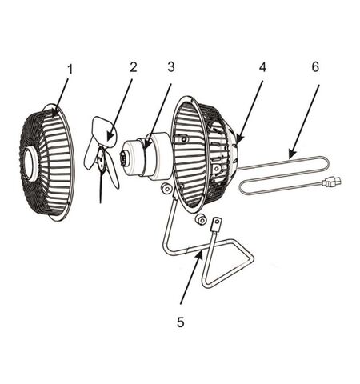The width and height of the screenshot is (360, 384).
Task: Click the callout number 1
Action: (70, 70)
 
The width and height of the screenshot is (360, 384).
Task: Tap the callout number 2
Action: (134, 67)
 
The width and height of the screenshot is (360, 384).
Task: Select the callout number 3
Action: (171, 67)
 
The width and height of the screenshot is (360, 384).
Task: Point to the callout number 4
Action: (262, 67)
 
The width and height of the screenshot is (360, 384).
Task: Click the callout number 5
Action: (181, 322)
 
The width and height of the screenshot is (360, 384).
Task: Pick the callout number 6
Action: (315, 67)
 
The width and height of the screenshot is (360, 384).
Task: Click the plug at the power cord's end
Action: (331, 182)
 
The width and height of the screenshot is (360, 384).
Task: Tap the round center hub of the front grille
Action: (32, 164)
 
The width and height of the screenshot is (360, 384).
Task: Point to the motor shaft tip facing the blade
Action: (123, 157)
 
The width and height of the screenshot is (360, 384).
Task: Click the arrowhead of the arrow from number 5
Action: (200, 255)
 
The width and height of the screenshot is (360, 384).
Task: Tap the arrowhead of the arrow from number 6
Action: (291, 154)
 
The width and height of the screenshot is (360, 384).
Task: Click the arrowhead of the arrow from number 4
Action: (239, 139)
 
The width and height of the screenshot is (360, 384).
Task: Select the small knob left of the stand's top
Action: (166, 189)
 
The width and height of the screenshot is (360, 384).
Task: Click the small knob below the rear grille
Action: (201, 219)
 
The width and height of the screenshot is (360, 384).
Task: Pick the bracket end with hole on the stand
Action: (216, 224)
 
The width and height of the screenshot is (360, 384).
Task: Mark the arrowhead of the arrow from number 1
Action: (54, 113)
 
